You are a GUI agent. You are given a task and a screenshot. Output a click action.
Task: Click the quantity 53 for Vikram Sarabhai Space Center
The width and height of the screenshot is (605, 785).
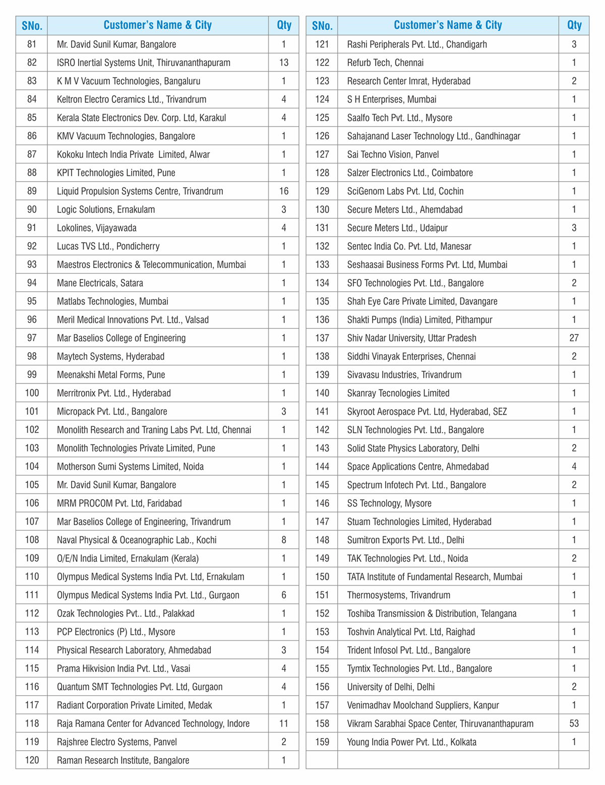[574, 723]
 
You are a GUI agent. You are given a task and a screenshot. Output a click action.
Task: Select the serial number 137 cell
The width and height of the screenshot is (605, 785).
[322, 338]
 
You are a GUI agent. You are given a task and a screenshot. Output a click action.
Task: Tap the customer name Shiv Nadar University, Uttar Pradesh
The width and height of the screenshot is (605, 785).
[411, 338]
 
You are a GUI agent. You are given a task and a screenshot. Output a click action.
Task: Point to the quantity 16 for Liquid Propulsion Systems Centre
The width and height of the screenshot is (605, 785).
[284, 191]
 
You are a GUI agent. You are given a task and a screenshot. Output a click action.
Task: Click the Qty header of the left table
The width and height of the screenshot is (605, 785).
[284, 25]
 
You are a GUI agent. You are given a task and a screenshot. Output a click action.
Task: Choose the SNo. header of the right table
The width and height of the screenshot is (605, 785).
[322, 25]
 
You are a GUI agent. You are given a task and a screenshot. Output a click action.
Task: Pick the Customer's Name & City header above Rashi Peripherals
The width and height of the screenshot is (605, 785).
[448, 25]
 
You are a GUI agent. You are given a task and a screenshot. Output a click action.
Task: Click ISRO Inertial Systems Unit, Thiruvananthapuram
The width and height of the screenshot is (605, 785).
[143, 63]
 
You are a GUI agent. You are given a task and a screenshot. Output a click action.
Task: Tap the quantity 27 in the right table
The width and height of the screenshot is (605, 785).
[574, 338]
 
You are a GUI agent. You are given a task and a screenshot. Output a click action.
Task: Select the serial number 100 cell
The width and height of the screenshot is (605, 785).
[32, 393]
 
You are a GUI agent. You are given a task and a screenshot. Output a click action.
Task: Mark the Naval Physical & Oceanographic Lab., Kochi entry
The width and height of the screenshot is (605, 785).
[137, 540]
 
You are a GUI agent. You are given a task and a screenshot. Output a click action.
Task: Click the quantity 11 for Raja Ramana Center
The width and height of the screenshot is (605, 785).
[284, 723]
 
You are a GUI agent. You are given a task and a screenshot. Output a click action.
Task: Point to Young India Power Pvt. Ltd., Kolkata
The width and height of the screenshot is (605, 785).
[411, 742]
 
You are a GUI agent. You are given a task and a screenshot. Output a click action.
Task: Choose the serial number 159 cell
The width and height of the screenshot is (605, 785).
[322, 742]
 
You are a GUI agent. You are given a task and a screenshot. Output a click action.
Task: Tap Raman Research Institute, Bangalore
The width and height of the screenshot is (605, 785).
[123, 760]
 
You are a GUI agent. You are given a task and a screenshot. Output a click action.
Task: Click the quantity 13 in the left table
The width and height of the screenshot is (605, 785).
[284, 63]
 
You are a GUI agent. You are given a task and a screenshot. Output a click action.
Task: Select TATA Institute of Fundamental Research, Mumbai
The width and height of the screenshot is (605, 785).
[435, 577]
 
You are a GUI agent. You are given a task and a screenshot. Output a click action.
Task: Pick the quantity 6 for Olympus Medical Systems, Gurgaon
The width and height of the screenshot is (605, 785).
[284, 595]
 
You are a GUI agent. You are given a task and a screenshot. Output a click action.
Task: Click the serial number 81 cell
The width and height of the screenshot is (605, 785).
[32, 44]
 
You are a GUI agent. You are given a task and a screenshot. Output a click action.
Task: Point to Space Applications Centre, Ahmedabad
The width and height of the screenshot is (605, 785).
[418, 467]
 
